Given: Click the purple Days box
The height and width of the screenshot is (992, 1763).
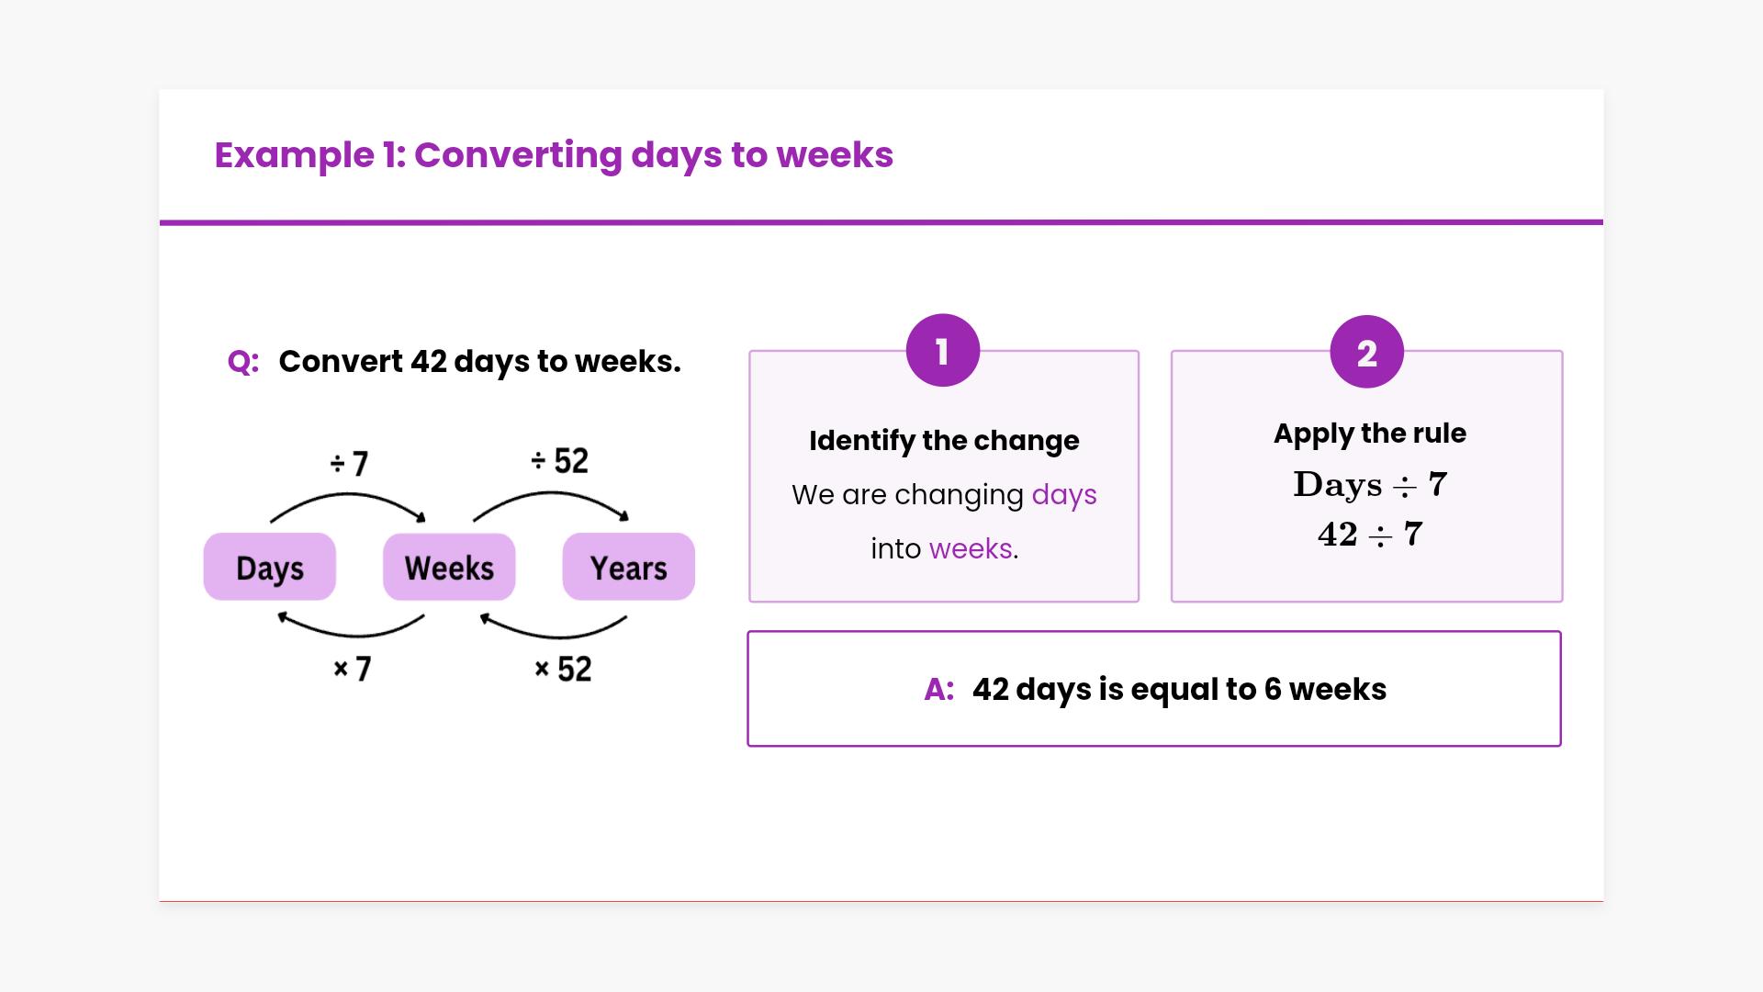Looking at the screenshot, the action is point(270,567).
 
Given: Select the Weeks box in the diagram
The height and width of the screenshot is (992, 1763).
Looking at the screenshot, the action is point(449,567).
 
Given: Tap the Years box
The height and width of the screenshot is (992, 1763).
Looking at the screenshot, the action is point(629,567).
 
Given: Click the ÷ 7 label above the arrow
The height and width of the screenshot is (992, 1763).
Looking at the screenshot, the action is point(349,463).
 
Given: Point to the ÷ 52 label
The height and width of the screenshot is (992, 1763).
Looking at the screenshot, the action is point(559,460).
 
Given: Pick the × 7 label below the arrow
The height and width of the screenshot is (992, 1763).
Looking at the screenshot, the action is point(353,669).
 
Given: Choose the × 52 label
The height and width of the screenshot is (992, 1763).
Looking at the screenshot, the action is point(563,669).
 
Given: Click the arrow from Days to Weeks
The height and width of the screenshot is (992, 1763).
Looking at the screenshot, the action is point(348,495).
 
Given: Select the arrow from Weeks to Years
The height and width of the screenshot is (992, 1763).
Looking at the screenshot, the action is point(551,494).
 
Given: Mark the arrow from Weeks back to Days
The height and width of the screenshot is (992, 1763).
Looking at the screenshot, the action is point(352,635).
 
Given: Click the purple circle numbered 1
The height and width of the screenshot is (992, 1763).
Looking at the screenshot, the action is point(943,351).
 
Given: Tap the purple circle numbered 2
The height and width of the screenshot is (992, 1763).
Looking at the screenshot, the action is point(1367,352).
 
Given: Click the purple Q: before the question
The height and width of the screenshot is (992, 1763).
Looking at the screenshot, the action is point(243,362).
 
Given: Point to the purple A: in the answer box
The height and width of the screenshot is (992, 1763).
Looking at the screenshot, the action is point(939,689).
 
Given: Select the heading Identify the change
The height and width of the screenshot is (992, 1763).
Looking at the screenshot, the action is point(944,441).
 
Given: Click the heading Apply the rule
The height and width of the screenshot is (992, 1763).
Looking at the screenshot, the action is point(1370,434).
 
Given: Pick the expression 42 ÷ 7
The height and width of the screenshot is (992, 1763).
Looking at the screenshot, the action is point(1370,534).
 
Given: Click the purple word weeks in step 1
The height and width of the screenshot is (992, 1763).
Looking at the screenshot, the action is point(971,548).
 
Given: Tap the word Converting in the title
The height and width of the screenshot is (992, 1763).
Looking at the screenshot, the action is point(518,155).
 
